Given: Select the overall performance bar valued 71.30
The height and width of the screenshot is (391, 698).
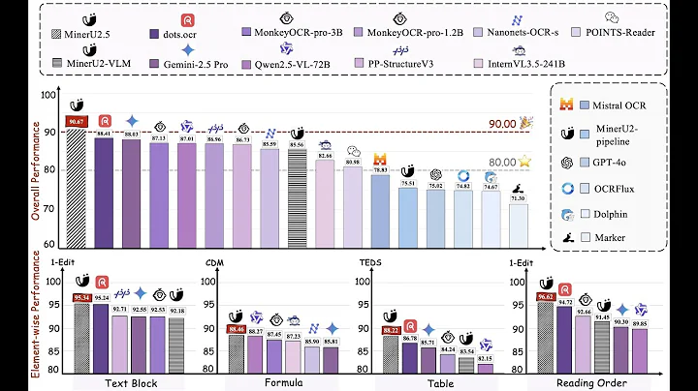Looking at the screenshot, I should (x=520, y=222).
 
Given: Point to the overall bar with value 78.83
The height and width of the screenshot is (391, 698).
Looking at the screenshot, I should (x=380, y=209).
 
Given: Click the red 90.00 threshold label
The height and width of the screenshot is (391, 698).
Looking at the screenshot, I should (x=500, y=124).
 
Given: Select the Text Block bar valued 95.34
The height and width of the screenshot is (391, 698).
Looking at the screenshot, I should (x=83, y=333).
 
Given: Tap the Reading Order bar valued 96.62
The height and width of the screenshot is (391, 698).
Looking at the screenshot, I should (x=545, y=333).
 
